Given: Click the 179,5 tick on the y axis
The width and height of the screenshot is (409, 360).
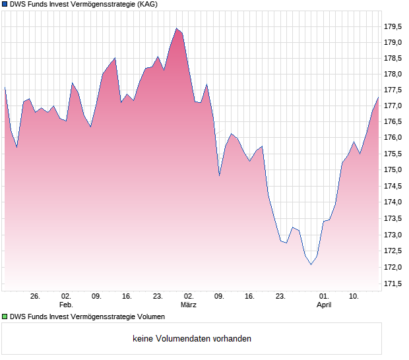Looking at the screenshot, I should [x=393, y=26].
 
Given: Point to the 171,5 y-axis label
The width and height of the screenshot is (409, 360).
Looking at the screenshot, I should [x=393, y=284].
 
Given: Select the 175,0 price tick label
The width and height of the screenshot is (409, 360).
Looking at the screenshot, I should [x=393, y=169].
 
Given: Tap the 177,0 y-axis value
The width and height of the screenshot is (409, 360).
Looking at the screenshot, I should [x=393, y=105].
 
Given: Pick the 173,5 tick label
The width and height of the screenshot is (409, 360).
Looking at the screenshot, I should [x=393, y=219].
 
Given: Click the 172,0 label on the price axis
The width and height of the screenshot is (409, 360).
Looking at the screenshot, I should [x=393, y=267].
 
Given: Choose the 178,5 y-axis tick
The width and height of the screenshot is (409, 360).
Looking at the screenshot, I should [x=393, y=58].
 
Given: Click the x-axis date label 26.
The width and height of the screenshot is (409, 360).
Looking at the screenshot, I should [x=36, y=297].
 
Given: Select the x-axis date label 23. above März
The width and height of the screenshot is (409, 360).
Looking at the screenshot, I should [x=158, y=297].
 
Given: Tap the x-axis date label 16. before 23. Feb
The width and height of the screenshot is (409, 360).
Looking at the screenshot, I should [x=127, y=297].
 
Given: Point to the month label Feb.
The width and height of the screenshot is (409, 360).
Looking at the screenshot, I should [x=66, y=305].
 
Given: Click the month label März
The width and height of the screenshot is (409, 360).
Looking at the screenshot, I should [x=189, y=305].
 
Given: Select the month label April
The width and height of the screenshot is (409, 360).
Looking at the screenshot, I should [x=324, y=305].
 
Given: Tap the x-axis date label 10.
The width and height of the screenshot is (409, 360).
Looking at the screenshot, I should [x=354, y=297].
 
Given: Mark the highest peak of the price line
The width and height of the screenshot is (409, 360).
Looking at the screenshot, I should [x=176, y=28].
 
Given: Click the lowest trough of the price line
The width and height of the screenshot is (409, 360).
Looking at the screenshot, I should [x=311, y=264].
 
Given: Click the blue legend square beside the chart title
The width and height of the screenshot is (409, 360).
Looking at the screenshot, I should [x=5, y=5].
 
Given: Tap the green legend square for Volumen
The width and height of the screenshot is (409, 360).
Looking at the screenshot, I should [x=5, y=317].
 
